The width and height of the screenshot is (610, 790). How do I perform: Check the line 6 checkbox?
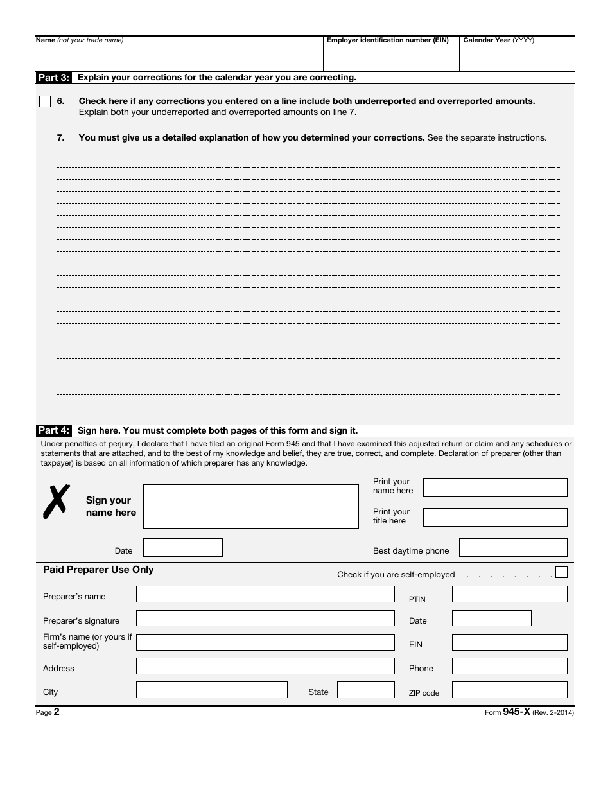(44, 101)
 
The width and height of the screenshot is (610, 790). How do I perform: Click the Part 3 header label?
(54, 78)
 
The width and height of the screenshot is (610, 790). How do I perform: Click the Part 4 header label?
(54, 431)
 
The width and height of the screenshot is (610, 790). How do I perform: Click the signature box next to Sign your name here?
(250, 506)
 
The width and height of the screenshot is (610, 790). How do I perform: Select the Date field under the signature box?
(182, 548)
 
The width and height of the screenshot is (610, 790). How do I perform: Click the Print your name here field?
(495, 487)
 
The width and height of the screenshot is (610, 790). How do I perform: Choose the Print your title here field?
(495, 517)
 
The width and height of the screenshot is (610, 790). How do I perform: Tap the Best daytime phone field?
(513, 548)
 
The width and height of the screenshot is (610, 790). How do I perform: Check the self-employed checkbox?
(561, 572)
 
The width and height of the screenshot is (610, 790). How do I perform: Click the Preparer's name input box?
(265, 594)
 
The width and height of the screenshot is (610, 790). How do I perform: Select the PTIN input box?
(509, 594)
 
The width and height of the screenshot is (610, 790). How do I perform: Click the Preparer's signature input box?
(265, 618)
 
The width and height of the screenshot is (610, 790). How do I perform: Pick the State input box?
(365, 690)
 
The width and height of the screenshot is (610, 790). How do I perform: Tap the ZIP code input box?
(509, 690)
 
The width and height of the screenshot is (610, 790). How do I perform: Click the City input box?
(211, 690)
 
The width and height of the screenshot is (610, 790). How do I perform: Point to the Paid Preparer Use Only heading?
(98, 570)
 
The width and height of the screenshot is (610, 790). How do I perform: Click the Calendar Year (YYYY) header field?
(516, 55)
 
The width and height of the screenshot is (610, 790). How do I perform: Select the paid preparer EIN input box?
(509, 642)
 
